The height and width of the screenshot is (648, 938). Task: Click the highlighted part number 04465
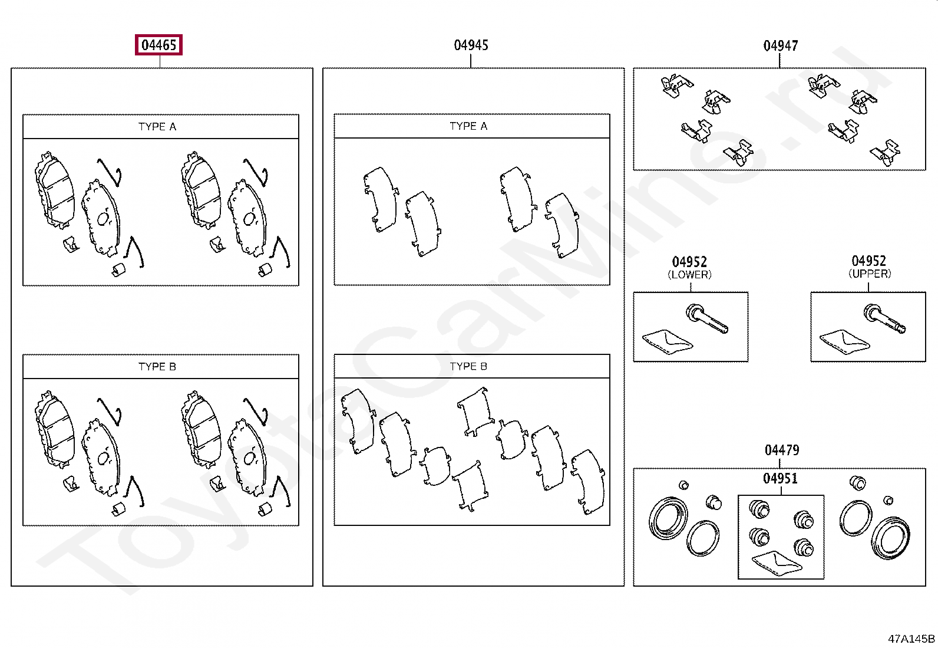158,45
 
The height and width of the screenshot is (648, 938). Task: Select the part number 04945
471,45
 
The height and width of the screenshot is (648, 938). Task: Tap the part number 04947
781,45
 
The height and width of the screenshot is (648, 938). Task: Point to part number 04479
782,450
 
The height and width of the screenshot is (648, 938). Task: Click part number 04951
780,478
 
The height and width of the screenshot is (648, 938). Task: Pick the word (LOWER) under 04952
689,275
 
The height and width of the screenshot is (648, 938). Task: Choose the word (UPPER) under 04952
870,274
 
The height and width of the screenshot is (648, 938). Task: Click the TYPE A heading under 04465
157,127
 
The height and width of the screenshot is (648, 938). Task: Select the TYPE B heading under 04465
157,367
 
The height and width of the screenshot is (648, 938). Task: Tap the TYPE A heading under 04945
468,126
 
